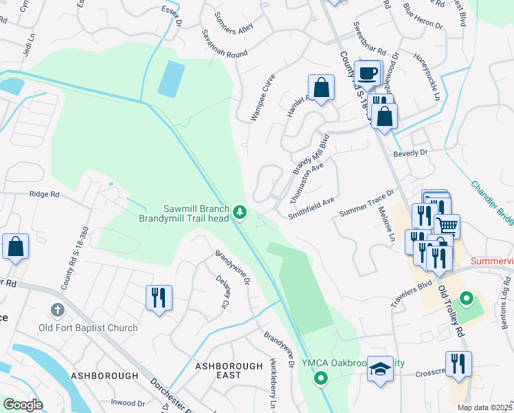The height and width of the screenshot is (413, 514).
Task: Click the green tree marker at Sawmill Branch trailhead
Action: click(x=240, y=213)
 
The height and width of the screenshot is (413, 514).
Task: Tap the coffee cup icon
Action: click(x=368, y=72)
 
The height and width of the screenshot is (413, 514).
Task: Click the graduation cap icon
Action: click(x=379, y=368)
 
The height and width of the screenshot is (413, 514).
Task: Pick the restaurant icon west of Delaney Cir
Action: click(x=158, y=297)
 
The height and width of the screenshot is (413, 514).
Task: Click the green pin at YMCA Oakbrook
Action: click(x=320, y=378)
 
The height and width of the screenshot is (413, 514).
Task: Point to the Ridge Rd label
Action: click(x=45, y=195)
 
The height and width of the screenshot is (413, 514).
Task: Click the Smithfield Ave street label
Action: click(x=311, y=207)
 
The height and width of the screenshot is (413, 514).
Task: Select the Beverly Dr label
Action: click(x=410, y=152)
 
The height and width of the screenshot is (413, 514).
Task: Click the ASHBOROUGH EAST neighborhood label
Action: click(x=228, y=370)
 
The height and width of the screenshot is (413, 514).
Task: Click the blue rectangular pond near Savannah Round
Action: click(x=171, y=78)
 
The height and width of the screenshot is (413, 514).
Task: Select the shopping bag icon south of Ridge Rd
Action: click(x=15, y=246)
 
